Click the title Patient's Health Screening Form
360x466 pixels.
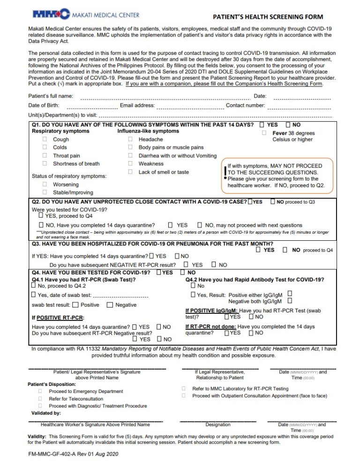tap(268, 17)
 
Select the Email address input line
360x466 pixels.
tap(189, 108)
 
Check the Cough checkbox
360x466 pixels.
tap(45, 140)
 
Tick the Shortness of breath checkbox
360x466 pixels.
tap(45, 164)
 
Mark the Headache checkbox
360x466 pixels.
tap(130, 140)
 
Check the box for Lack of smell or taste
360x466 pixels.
tap(130, 172)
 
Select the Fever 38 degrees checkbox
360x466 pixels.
tap(265, 133)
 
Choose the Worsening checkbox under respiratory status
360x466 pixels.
tap(45, 185)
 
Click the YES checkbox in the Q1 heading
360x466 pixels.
tap(262, 125)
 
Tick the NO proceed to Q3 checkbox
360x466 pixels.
tap(272, 202)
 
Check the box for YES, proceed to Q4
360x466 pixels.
tap(40, 216)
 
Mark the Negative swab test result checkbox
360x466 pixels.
tap(110, 305)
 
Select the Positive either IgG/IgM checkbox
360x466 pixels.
tap(290, 294)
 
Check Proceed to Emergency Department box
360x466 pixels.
tap(40, 391)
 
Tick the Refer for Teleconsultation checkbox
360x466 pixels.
tap(40, 399)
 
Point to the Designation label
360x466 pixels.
tap(218, 425)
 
